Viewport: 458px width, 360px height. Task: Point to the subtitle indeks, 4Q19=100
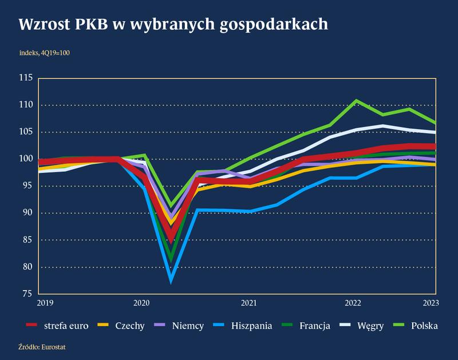[44, 53]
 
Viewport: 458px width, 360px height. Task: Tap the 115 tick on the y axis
[26, 78]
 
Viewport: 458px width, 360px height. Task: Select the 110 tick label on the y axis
[26, 105]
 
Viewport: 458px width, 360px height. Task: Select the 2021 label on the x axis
[248, 303]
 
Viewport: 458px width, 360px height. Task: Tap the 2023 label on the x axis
[431, 303]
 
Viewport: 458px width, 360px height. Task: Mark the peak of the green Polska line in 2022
[356, 101]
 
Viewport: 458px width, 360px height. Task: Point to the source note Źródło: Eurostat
[38, 347]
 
